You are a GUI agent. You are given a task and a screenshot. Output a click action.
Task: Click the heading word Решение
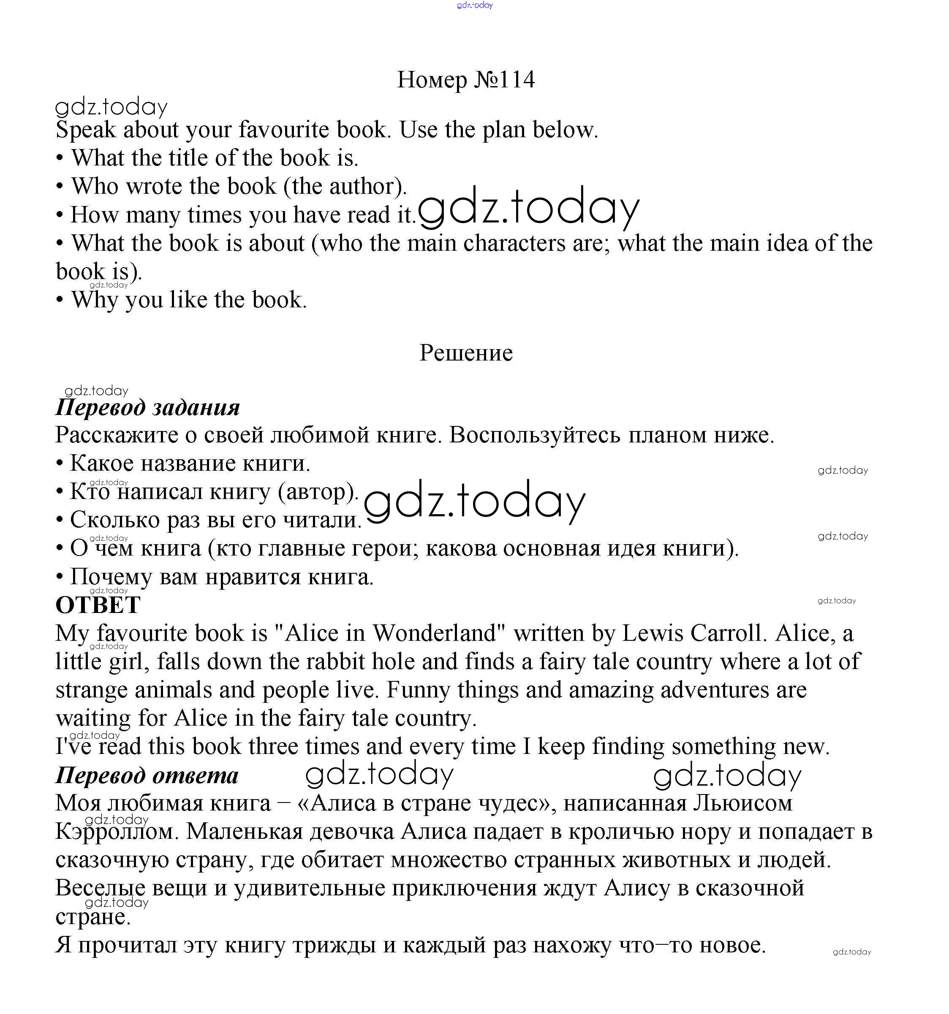[466, 353]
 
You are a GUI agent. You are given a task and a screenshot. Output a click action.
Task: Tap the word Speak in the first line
[86, 130]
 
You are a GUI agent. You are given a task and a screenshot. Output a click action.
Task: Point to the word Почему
[111, 577]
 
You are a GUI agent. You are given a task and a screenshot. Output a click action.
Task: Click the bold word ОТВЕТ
[98, 605]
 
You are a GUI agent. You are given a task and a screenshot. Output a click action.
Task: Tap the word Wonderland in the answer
[435, 634]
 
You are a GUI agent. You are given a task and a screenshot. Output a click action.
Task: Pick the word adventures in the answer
[715, 690]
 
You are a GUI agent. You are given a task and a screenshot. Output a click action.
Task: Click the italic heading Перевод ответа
[147, 776]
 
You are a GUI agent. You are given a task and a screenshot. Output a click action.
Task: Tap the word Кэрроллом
[116, 832]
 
